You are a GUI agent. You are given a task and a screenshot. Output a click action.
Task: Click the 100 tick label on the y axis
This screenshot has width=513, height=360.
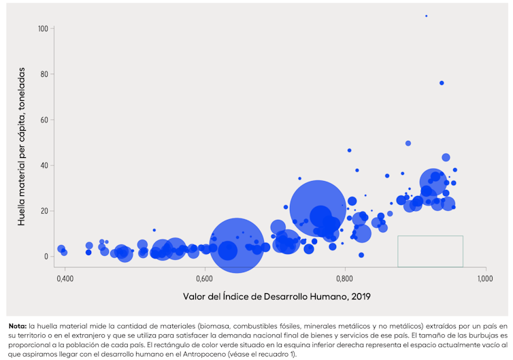pos(43,29)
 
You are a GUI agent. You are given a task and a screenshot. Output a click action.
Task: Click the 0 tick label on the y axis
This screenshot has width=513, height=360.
pos(46,257)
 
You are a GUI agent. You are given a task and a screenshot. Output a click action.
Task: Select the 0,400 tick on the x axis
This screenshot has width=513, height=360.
pos(65,279)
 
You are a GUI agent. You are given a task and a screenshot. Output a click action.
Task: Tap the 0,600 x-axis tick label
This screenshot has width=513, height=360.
pos(205,279)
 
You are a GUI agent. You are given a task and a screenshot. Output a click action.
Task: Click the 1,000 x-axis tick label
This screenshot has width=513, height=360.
pos(485,279)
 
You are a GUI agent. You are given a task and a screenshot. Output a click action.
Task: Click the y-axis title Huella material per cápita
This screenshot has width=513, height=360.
pos(22,146)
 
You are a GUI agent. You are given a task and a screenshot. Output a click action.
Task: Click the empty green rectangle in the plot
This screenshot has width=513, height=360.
pos(430,251)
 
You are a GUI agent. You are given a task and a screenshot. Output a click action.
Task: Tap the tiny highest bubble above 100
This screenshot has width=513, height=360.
pos(427,16)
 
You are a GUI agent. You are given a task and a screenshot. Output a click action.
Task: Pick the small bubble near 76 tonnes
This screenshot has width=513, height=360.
pos(442,83)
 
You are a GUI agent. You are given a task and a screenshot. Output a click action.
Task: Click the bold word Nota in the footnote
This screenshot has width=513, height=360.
pos(18,325)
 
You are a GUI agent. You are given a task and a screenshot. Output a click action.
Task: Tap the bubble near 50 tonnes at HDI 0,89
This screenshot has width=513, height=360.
pos(408,144)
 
